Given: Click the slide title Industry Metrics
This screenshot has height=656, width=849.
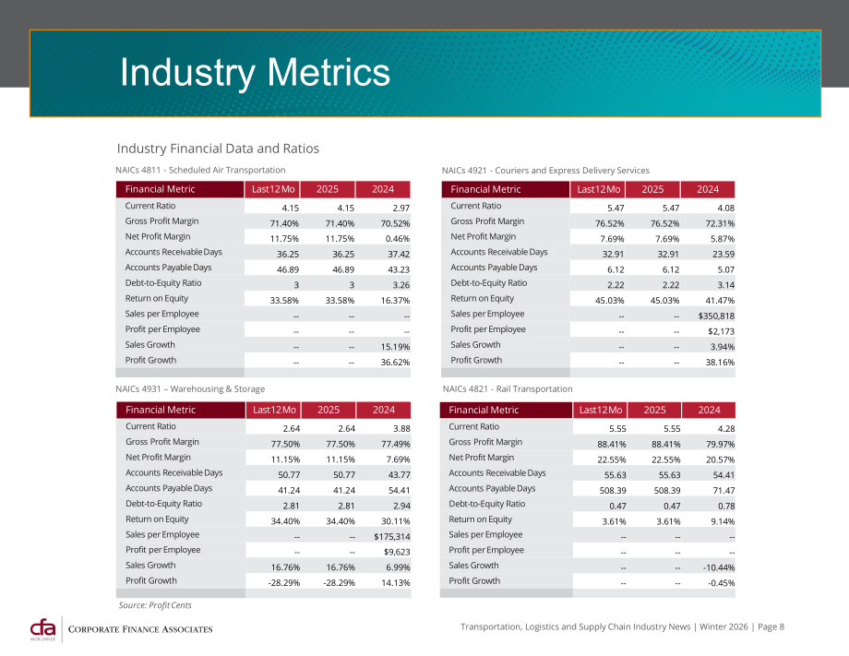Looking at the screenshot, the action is (255, 73).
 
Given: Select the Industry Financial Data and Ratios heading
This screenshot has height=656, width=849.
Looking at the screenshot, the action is (218, 149).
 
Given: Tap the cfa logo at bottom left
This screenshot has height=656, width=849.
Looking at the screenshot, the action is (42, 629).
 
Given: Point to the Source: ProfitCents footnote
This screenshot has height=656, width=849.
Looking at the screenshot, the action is (155, 605).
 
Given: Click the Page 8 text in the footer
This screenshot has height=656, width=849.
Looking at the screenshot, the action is (771, 626).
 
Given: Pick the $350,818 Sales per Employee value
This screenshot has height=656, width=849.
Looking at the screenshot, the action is (716, 316).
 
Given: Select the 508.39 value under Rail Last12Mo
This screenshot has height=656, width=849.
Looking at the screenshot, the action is (613, 490).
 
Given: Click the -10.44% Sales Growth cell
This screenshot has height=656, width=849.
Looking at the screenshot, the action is (719, 567).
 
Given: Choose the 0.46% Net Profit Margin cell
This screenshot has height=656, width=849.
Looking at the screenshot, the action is (398, 239).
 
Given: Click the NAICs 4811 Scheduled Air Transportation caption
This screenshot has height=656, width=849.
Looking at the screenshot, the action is (200, 170).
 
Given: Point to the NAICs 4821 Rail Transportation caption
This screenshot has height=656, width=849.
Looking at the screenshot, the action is (508, 388).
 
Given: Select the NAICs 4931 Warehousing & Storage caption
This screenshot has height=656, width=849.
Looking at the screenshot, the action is (190, 388).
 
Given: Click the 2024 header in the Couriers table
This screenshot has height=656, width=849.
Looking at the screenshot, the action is (708, 189).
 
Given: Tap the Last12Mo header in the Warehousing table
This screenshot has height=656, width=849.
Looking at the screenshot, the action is (274, 410).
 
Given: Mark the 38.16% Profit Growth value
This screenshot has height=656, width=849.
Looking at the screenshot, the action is (720, 362).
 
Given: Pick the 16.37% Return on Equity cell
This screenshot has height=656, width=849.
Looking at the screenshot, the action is (395, 301).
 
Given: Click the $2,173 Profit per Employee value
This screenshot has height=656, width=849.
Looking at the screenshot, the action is (721, 331).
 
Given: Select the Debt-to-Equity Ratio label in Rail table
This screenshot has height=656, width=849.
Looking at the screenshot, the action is (486, 504).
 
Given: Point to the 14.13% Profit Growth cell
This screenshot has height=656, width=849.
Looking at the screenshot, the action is (395, 583).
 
